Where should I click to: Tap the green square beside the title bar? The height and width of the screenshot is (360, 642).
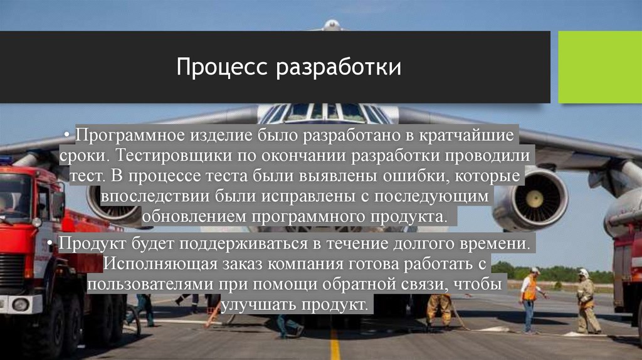(599, 66)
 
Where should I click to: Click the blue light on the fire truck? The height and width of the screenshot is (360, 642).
(5, 161)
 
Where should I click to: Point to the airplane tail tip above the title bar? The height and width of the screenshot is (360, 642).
(332, 25)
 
